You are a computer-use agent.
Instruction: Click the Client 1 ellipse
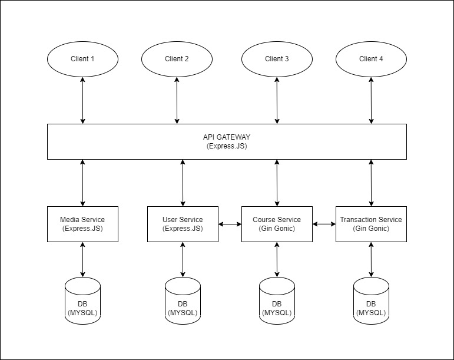82,59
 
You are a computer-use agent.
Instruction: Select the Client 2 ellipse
177,59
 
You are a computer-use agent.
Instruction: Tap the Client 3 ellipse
277,59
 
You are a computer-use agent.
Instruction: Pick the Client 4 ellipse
371,59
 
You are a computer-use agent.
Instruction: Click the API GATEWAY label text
227,137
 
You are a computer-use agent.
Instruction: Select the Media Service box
82,224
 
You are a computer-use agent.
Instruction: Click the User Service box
183,224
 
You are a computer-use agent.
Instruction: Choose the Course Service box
277,224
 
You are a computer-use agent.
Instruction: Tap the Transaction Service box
371,224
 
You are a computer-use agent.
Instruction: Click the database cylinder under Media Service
82,300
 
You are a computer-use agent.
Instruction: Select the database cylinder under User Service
183,300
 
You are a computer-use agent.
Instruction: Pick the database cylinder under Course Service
277,300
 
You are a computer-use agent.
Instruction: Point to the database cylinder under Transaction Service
371,300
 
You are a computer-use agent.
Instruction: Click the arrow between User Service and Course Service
230,224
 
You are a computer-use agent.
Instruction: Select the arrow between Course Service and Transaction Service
324,224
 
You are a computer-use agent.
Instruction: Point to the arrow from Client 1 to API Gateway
82,101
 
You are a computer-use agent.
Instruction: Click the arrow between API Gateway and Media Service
82,183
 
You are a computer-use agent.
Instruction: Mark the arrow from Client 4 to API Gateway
371,101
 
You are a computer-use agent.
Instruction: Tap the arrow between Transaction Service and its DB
371,259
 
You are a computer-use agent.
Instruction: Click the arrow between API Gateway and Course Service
277,183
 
